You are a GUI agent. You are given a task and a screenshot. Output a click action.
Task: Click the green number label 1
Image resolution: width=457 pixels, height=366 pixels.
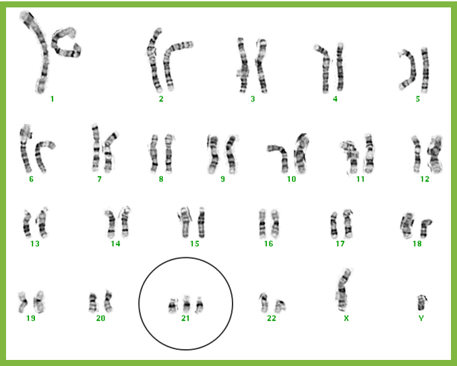point(52,99)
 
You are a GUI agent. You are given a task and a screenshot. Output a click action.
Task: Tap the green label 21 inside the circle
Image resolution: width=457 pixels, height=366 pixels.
point(185,318)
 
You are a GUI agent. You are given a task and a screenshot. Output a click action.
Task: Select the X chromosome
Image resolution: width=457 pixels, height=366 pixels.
point(344,290)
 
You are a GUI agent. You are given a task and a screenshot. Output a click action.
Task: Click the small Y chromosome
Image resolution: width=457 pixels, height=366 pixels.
point(421,303)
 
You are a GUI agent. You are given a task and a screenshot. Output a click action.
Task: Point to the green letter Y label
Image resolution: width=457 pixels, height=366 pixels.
point(421,318)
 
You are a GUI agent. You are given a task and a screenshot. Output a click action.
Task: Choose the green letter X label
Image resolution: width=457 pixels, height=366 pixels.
point(346,318)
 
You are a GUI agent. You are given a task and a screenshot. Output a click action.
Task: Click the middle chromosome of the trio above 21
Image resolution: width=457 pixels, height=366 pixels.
point(187,305)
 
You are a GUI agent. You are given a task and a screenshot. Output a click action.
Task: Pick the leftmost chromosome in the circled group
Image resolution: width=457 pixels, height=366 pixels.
point(173,306)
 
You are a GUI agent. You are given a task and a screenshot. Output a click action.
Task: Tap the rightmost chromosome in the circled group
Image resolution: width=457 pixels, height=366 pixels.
point(200,305)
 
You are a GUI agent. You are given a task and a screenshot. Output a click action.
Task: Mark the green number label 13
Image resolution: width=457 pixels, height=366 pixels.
point(34,243)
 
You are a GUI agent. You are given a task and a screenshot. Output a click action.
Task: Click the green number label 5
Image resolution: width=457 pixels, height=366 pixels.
point(418,99)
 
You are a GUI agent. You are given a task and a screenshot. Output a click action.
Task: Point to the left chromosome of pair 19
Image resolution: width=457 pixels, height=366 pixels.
point(23,302)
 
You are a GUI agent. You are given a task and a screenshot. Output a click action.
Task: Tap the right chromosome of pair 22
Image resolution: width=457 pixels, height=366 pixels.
point(280,306)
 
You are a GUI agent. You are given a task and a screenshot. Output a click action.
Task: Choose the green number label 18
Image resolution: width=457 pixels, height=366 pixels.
point(417,243)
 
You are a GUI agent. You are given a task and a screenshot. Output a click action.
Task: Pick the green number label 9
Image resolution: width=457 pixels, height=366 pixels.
point(222,179)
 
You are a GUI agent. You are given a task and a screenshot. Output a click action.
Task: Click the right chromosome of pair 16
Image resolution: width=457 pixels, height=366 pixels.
point(275,223)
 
